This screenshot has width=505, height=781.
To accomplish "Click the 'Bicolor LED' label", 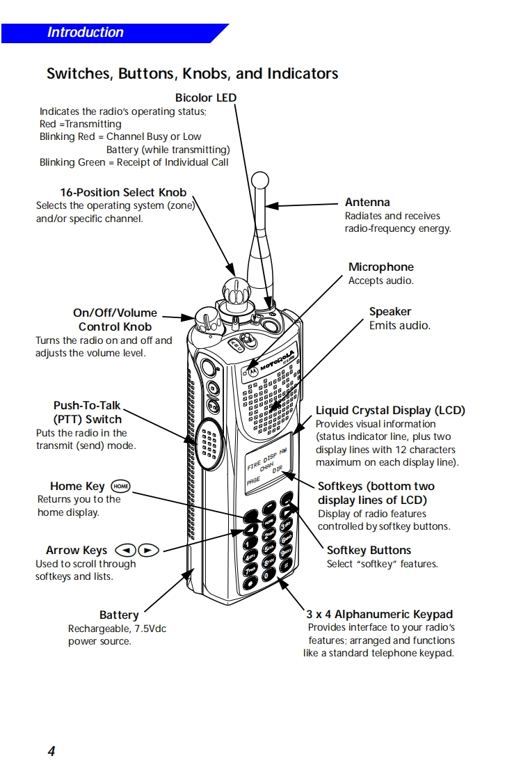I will pyautogui.click(x=205, y=98).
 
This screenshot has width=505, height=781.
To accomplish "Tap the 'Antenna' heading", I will pyautogui.click(x=367, y=203).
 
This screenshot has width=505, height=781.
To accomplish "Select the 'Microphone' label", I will pyautogui.click(x=380, y=267).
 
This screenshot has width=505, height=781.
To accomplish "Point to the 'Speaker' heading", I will pyautogui.click(x=390, y=312).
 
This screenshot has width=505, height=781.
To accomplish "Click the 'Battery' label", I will pyautogui.click(x=119, y=615).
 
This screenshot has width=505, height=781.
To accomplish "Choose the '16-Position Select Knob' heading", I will pyautogui.click(x=123, y=192).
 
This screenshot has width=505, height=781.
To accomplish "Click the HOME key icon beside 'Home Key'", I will pyautogui.click(x=121, y=486).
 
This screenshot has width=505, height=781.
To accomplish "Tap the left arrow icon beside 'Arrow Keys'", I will pyautogui.click(x=125, y=550).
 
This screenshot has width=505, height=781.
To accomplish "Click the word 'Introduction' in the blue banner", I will pyautogui.click(x=85, y=33).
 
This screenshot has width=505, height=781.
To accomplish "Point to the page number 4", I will pyautogui.click(x=51, y=751).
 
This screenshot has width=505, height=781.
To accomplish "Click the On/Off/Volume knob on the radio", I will pyautogui.click(x=207, y=320).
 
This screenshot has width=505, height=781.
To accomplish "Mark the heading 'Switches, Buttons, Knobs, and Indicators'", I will pyautogui.click(x=192, y=74).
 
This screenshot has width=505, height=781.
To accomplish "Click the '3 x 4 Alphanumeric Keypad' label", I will pyautogui.click(x=380, y=615).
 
